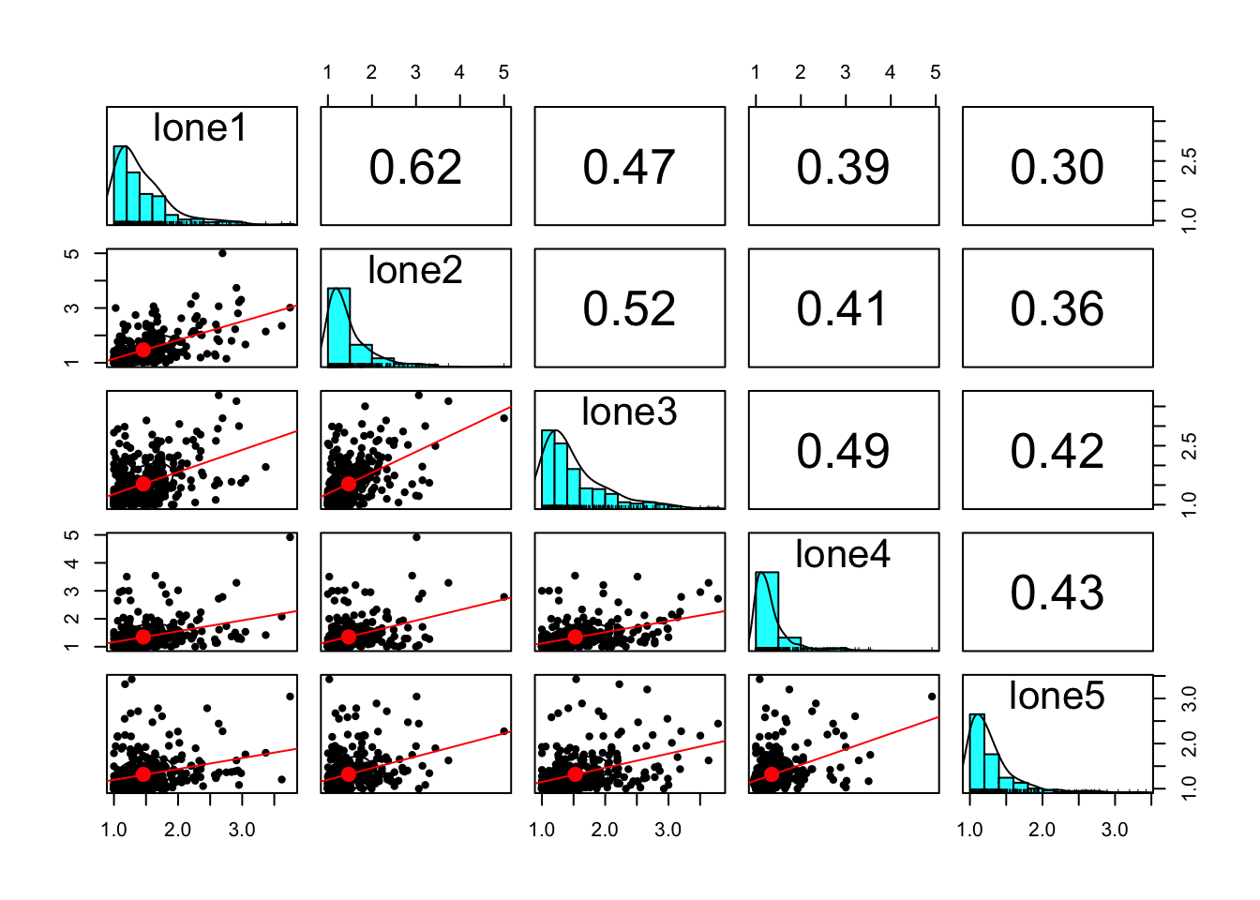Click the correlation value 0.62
pyautogui.click(x=415, y=168)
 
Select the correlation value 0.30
pyautogui.click(x=1057, y=168)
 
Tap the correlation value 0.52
pyautogui.click(x=629, y=309)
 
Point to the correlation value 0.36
pyautogui.click(x=1057, y=309)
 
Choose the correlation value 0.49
pyautogui.click(x=843, y=451)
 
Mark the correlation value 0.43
pyautogui.click(x=1057, y=593)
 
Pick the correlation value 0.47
pyautogui.click(x=629, y=168)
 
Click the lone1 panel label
pyautogui.click(x=200, y=128)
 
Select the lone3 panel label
pyautogui.click(x=629, y=412)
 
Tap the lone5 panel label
pyautogui.click(x=1057, y=697)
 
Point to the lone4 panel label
pyautogui.click(x=843, y=555)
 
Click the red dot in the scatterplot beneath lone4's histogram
pyautogui.click(x=772, y=774)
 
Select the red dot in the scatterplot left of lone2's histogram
pyautogui.click(x=142, y=350)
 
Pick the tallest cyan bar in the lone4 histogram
pyautogui.click(x=767, y=609)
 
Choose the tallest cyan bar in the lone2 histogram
pyautogui.click(x=338, y=326)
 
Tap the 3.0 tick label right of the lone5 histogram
pyautogui.click(x=1189, y=697)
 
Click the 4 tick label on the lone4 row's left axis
pyautogui.click(x=73, y=563)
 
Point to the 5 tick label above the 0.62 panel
pyautogui.click(x=504, y=72)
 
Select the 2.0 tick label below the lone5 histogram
pyautogui.click(x=1042, y=830)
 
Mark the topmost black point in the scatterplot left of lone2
pyautogui.click(x=222, y=253)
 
